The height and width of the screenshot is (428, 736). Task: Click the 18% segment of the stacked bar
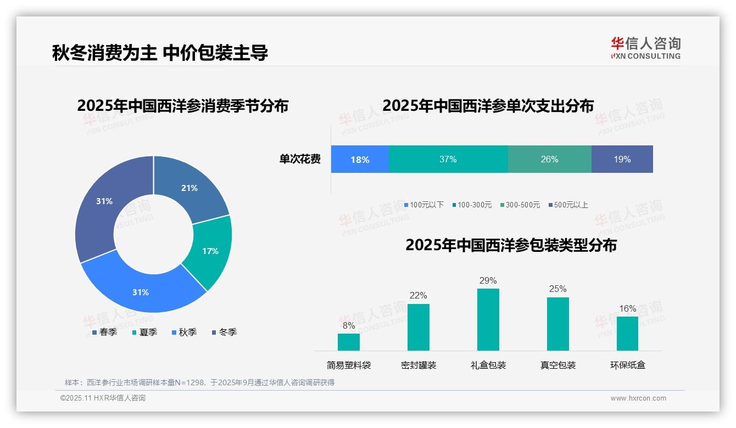360,160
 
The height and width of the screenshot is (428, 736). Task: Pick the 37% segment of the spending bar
448,160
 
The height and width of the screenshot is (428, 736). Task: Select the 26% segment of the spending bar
549,160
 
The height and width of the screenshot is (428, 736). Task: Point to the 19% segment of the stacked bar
622,160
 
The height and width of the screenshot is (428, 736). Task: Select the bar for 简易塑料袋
349,342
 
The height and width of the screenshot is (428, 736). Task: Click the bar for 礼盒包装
488,319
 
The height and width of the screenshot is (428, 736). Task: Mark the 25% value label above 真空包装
557,289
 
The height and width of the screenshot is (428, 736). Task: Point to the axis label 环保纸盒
628,365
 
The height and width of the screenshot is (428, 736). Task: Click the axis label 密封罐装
419,365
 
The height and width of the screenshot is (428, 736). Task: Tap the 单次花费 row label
300,160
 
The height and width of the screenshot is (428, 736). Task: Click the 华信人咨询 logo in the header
645,48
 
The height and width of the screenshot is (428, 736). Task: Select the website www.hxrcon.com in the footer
638,398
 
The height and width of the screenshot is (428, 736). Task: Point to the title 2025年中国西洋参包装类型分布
511,245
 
